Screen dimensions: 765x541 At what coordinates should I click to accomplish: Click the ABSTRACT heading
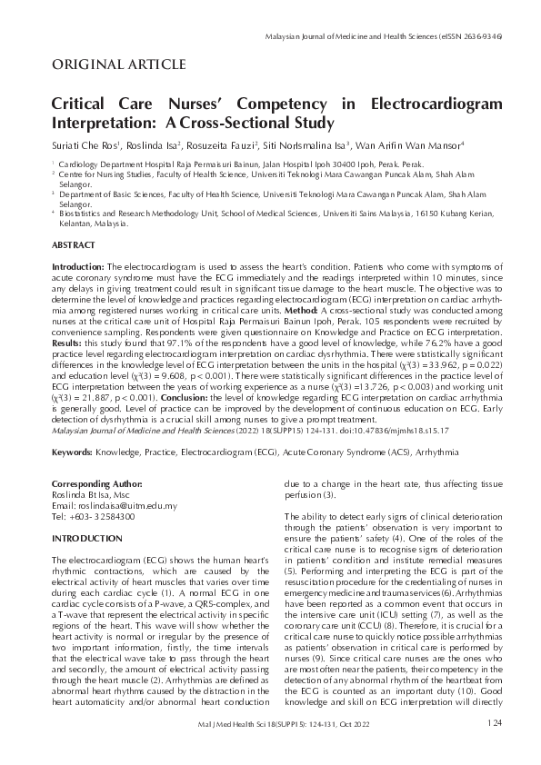point(72,245)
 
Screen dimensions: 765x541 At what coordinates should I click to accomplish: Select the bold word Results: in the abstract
point(68,344)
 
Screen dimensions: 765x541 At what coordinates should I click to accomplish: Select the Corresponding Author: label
point(97,484)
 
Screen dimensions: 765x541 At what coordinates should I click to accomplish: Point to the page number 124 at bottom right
point(494,748)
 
